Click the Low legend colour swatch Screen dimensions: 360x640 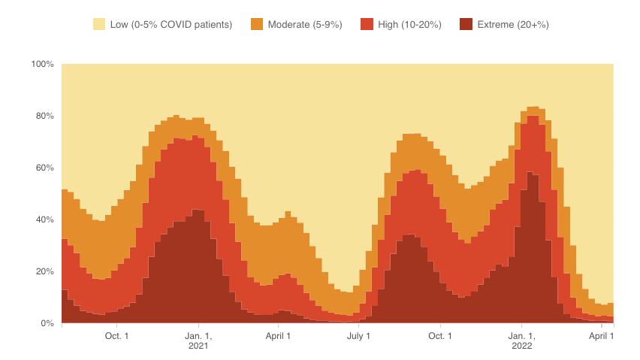coord(99,25)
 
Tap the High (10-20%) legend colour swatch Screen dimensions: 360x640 coord(367,25)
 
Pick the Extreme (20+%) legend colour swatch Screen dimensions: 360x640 coord(466,25)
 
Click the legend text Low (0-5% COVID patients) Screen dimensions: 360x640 coord(171,25)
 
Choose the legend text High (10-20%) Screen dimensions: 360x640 coord(409,25)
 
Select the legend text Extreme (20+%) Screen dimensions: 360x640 coord(513,25)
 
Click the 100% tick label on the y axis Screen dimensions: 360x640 coord(42,65)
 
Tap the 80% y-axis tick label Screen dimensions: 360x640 coord(44,116)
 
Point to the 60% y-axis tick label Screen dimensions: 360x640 coord(44,168)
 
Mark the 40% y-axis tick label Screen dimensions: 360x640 coord(44,219)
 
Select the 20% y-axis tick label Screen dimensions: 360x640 coord(44,271)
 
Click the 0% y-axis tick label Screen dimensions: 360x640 coord(47,323)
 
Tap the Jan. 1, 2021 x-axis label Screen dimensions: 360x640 coord(199,340)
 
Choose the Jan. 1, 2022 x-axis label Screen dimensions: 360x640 coord(521,340)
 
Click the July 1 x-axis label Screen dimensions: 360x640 coord(358,335)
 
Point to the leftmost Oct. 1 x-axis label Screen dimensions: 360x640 coord(117,335)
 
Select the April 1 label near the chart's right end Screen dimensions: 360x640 coord(601,335)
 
